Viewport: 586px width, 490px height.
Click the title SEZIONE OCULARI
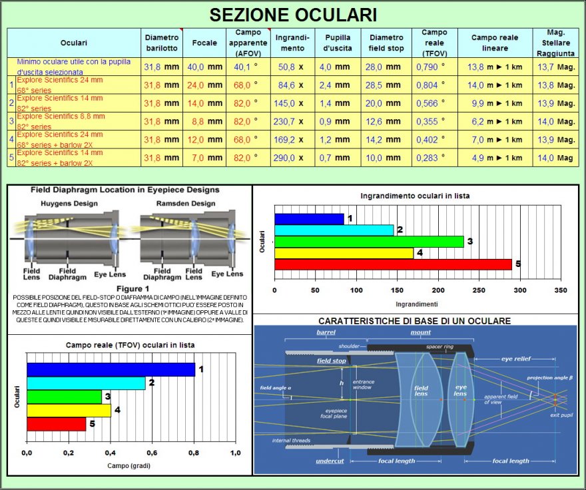[x=293, y=15]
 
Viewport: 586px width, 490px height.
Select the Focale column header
[x=204, y=43]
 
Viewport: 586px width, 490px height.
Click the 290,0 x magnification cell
[x=290, y=158]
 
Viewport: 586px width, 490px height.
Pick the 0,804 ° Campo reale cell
[x=430, y=85]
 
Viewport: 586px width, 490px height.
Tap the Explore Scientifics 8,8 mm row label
[x=60, y=121]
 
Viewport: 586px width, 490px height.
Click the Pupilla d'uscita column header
[x=338, y=43]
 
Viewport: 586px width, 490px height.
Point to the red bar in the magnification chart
[x=393, y=264]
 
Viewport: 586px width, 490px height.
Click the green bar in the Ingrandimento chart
[x=369, y=241]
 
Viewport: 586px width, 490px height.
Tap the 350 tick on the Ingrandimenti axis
[x=561, y=291]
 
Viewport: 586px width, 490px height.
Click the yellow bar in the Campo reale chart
[x=69, y=410]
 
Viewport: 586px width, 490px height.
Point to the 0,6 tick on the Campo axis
[x=152, y=452]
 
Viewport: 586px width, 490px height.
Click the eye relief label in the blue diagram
[x=515, y=358]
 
